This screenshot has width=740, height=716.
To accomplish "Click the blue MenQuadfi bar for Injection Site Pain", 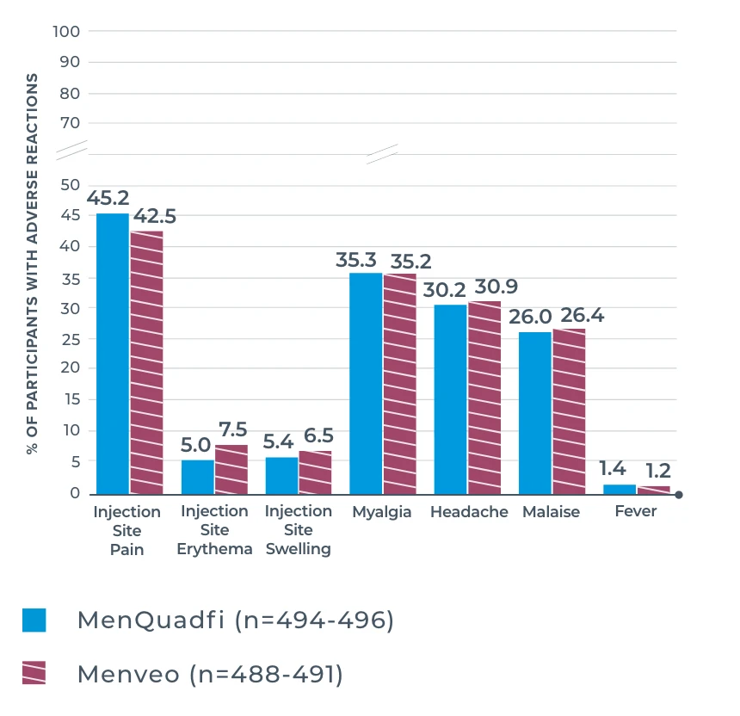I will coord(113,353).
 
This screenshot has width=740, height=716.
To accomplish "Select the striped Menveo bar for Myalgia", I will coord(399,383).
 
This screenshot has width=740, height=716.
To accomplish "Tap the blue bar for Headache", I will coord(450,398).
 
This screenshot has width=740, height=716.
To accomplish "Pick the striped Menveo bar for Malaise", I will coord(569,411).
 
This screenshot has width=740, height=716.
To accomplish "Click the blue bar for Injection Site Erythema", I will coord(197,477).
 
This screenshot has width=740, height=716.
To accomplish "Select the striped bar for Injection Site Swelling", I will coord(315,472).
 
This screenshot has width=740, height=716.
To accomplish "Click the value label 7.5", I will coord(231,430).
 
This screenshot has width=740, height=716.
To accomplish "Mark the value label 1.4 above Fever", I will coord(612,470).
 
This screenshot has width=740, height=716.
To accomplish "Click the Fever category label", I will coord(635,511).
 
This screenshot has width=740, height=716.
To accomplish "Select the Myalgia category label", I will coord(381,512).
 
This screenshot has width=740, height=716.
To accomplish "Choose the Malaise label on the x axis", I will coord(551,512).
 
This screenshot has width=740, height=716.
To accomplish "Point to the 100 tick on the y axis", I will coord(66,32).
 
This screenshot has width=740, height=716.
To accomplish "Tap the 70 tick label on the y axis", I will coord(70,123).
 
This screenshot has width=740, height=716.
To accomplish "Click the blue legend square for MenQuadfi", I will coord(34,620).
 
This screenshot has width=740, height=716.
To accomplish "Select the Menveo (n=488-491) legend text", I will coord(210,674).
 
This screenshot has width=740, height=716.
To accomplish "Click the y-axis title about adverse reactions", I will coord(33,262).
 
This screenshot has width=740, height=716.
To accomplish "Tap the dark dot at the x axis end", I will coord(679,495).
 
